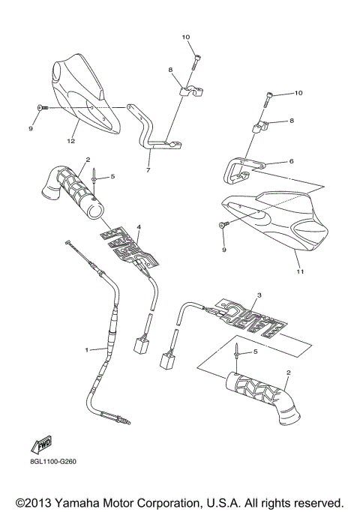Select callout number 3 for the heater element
point(259,296)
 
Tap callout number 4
point(138,226)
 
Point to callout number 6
point(292,161)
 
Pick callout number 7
point(148,170)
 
